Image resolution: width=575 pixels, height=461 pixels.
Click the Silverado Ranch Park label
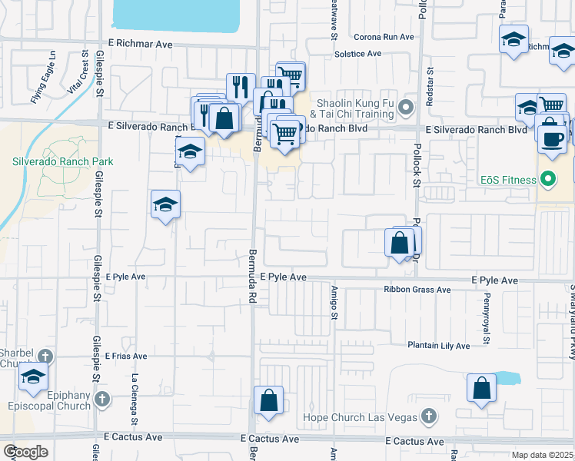point(62,161)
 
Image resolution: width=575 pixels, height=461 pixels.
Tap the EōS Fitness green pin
point(547,181)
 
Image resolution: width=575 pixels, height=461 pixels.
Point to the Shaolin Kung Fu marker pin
point(406,106)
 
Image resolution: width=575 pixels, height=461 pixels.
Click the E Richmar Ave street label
point(141,45)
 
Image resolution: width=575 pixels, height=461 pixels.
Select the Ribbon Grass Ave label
point(417,290)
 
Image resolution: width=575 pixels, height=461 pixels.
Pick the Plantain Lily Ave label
point(438,346)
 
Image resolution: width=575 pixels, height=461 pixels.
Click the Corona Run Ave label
point(384,37)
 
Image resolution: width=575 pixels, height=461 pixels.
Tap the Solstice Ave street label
point(358,54)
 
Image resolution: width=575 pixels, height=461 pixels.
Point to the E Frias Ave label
point(127,357)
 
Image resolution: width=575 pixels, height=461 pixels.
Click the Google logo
point(25,452)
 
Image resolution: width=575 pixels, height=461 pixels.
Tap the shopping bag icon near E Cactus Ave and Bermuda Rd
point(268,400)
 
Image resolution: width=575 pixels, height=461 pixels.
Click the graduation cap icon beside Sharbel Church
point(33,376)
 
